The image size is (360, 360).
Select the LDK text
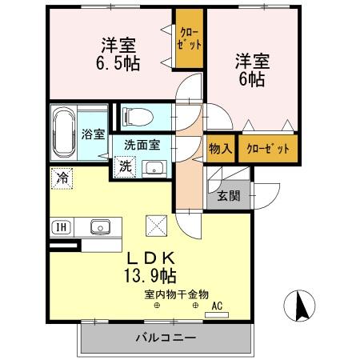151,258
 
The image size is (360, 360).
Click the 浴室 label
93,134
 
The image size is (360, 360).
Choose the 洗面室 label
142,146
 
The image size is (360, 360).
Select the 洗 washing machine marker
126,167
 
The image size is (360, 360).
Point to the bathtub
64,132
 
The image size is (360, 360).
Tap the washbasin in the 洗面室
154,168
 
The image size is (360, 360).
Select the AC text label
216,306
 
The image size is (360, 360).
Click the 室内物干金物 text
176,294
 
